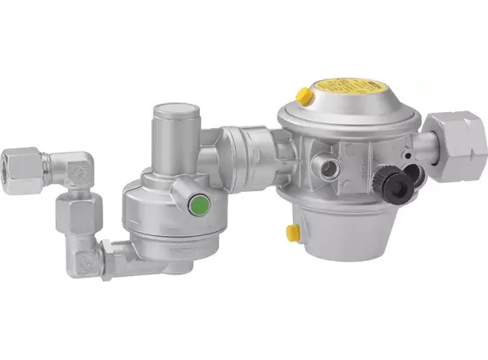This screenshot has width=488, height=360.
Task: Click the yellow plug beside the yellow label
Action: pos(303,96)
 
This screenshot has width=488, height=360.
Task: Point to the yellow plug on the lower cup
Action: pos(293,232)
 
